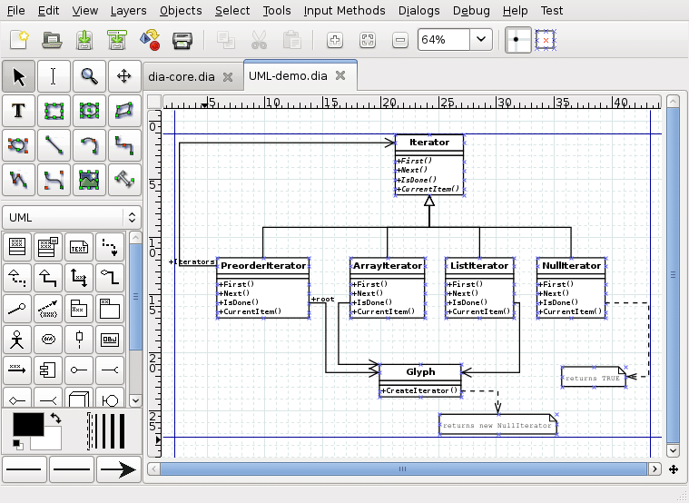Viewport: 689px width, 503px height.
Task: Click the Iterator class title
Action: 429,143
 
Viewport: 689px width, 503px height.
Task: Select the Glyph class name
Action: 420,371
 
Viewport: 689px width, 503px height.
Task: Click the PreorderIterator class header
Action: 262,266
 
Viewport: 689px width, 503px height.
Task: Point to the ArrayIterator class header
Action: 388,266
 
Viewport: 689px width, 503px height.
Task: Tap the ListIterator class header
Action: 478,266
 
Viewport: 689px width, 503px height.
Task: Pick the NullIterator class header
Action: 570,266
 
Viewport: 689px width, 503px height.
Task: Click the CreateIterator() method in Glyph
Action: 420,390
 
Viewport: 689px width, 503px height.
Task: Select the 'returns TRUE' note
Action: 594,377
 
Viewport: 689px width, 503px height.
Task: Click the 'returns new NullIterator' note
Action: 497,425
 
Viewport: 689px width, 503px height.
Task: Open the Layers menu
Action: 128,11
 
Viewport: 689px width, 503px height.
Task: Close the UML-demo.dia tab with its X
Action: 340,76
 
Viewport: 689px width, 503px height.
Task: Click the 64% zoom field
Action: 444,40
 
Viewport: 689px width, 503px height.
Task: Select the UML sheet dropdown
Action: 72,217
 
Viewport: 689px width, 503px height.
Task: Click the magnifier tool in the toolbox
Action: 89,76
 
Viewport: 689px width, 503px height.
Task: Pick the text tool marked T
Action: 18,111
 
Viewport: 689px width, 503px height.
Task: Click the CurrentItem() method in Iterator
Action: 429,189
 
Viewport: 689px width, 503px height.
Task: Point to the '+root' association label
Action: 322,298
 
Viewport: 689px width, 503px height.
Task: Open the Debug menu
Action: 470,11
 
